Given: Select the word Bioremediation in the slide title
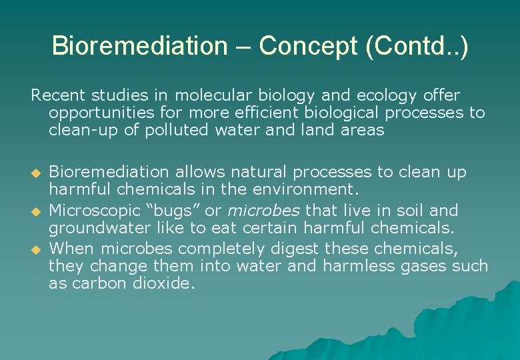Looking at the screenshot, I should tap(139, 46).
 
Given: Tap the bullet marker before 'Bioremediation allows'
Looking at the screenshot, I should tap(37, 173).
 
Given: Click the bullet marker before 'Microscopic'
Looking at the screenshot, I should tap(37, 212).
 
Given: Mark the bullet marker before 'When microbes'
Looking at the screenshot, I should tap(37, 251).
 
